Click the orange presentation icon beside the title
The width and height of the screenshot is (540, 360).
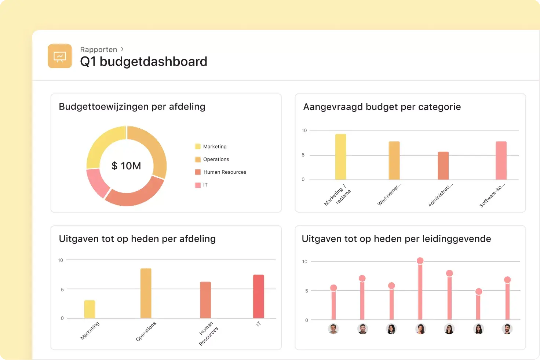coord(60,56)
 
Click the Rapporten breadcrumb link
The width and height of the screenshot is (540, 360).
coord(98,49)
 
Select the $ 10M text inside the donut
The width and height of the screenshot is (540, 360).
coord(126,166)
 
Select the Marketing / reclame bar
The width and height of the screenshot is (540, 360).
coord(340,157)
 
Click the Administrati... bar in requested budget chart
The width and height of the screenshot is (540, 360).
coord(443,166)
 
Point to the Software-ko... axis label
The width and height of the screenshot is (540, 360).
coord(492,195)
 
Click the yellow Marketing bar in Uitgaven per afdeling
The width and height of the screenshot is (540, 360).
coord(90,309)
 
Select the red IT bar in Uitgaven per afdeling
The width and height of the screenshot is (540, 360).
coord(258,296)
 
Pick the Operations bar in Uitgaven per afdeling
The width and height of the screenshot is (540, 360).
coord(146,293)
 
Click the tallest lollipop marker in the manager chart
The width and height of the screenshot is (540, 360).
coord(420,261)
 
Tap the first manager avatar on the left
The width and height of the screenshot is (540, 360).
coord(333,329)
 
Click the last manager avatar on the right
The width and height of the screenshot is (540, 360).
coord(507,329)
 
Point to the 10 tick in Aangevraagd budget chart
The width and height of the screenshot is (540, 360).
coord(304,131)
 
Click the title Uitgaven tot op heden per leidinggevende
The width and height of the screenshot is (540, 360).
coord(396,239)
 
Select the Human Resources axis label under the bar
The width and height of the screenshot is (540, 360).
coord(208,333)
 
